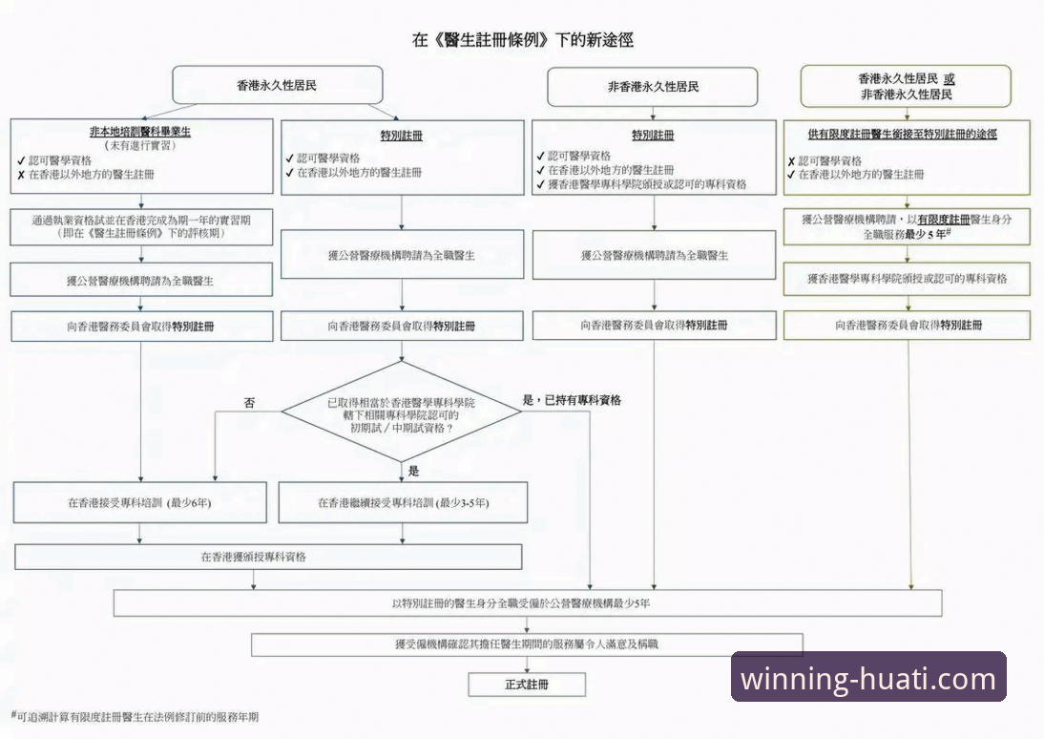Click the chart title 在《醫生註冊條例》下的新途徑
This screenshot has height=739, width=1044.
[x=522, y=40]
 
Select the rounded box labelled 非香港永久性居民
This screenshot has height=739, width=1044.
[x=653, y=87]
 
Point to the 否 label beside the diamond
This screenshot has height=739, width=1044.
[x=250, y=403]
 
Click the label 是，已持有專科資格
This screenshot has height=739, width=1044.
[x=578, y=400]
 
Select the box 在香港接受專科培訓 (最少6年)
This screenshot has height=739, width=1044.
[x=139, y=502]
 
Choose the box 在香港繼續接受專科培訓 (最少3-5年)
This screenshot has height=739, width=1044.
[x=403, y=502]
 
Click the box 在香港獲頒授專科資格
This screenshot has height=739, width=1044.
[x=268, y=556]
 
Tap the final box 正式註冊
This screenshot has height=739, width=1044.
[x=527, y=685]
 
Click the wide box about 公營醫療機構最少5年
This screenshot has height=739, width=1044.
[x=528, y=603]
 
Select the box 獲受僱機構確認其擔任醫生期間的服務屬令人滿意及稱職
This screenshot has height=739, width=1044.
[x=527, y=644]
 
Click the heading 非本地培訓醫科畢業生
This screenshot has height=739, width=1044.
[x=140, y=132]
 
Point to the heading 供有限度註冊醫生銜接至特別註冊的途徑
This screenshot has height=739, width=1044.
[x=907, y=135]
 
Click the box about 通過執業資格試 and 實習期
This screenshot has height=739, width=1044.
[x=140, y=225]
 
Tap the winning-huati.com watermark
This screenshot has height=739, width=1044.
[x=868, y=679]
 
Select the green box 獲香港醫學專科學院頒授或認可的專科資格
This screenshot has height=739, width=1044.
[x=907, y=279]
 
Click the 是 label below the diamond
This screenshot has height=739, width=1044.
[x=413, y=471]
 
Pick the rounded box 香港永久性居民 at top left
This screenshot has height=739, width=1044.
[x=277, y=85]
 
